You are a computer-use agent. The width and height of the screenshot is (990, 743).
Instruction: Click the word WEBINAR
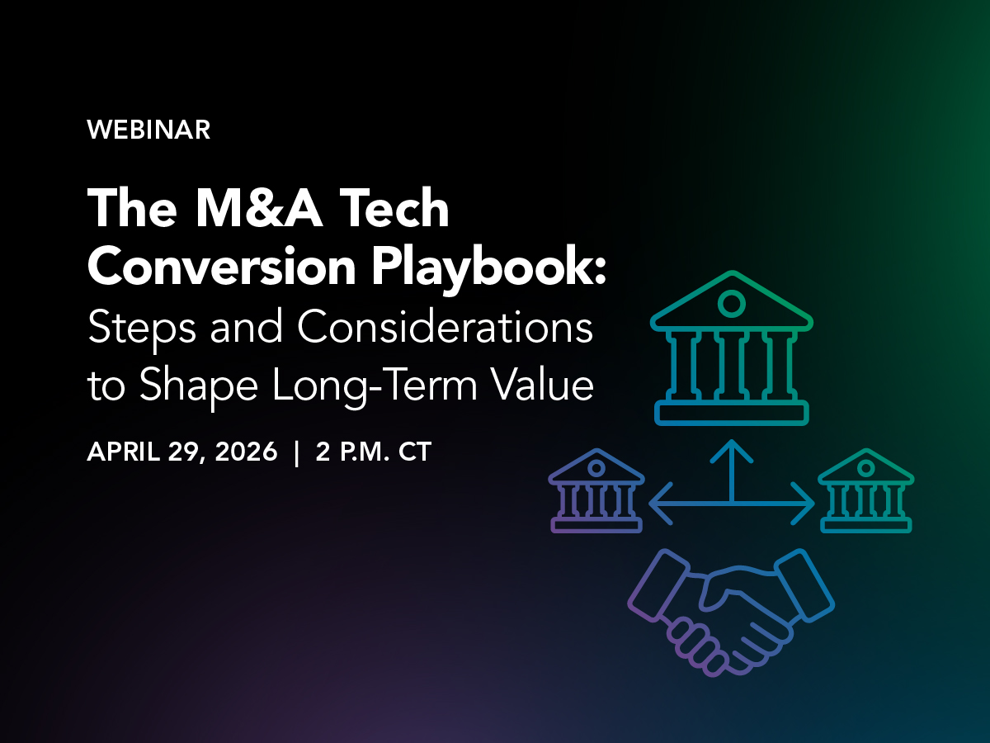click(x=148, y=130)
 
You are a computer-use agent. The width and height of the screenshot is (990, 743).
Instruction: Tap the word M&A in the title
click(x=259, y=208)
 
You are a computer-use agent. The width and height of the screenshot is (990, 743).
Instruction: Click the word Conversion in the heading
click(x=221, y=266)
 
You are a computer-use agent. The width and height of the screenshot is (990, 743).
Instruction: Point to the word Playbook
click(x=488, y=270)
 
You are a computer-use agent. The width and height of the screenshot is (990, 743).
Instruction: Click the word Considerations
click(x=445, y=327)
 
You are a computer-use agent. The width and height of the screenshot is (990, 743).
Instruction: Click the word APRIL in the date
click(x=124, y=452)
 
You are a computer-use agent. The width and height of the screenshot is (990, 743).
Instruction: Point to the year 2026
click(x=246, y=452)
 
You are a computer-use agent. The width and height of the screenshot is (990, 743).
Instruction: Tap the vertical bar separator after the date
click(x=296, y=452)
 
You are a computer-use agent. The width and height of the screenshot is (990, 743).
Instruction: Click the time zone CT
click(x=415, y=452)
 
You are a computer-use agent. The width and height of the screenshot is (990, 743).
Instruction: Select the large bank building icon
click(x=732, y=348)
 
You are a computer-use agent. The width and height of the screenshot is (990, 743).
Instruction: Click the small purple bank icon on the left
click(x=596, y=491)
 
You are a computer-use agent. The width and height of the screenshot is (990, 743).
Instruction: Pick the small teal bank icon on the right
click(x=866, y=491)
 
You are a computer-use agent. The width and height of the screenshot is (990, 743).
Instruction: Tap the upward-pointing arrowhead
click(x=732, y=449)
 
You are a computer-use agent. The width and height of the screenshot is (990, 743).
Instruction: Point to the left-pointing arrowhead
click(x=660, y=503)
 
